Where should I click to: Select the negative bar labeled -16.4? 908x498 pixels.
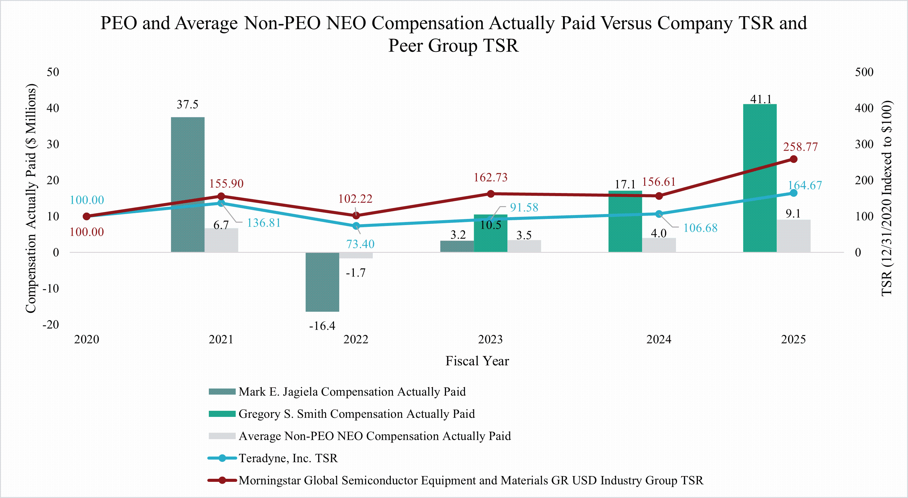322,282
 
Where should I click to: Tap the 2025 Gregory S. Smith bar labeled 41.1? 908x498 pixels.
760,178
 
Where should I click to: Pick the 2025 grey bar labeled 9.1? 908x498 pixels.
794,236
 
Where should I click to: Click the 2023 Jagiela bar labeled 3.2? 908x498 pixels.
457,246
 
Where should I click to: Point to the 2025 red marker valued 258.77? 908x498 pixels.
794,159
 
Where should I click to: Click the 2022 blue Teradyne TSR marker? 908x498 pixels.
356,226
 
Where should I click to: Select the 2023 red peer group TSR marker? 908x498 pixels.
491,194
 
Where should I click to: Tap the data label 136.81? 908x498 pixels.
264,223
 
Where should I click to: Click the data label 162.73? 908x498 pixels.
490,177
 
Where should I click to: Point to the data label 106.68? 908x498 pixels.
700,228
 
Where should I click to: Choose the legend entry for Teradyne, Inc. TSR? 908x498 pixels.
288,458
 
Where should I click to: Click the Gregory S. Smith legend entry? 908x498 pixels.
356,414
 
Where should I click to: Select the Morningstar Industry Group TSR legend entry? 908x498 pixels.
470,480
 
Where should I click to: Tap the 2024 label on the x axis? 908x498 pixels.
659,339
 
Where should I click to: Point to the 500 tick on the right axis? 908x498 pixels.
864,72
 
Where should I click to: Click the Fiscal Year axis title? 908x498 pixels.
477,361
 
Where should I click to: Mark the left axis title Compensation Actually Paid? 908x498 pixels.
31,198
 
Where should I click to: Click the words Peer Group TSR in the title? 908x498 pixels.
453,46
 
